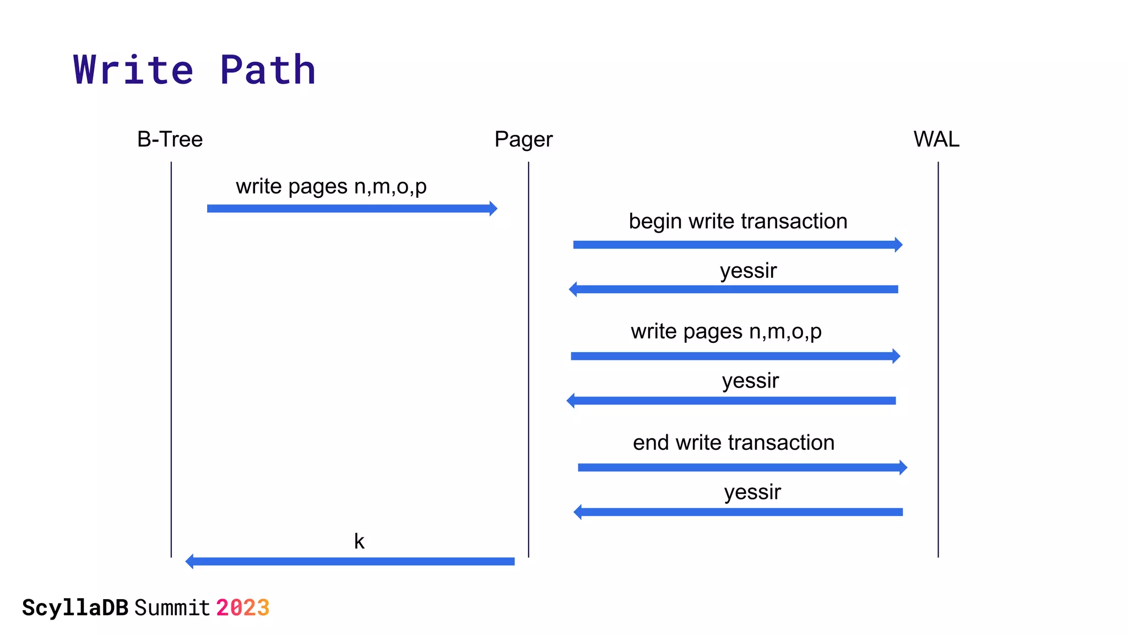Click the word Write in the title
pos(133,70)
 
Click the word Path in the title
pos(268,70)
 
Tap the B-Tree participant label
pos(170,139)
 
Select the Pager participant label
pos(523,140)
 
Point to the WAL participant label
pos(936,139)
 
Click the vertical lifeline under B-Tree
pos(171,358)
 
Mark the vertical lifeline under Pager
pos(529,358)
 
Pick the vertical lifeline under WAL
pos(938,358)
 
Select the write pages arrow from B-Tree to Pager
pos(352,208)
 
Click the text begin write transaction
pos(738,222)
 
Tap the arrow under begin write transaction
pos(737,245)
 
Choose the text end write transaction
pos(734,443)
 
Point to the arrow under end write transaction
pos(742,467)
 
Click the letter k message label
pos(359,541)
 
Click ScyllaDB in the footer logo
pos(75,608)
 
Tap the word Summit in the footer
pos(172,608)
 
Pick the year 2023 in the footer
pos(242,608)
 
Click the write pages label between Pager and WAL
pos(726,332)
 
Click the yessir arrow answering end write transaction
pos(738,512)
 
